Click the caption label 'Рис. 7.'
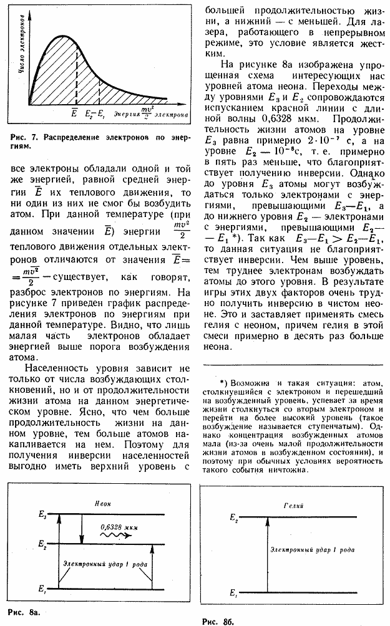[22, 137]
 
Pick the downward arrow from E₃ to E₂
[81, 529]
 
